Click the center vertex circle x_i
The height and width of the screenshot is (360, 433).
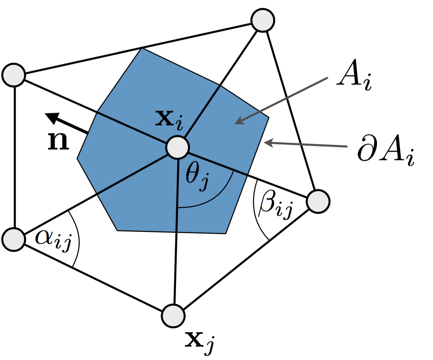(178, 147)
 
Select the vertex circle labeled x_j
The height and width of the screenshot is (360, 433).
(173, 316)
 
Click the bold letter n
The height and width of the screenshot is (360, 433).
(58, 141)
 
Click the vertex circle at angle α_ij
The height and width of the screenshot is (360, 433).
(14, 239)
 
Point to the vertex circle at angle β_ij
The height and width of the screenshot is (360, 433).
(318, 201)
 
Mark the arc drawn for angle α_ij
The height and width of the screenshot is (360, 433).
(78, 237)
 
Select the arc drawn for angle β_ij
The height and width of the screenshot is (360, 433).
(256, 213)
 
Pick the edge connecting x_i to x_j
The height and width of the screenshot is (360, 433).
(176, 232)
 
